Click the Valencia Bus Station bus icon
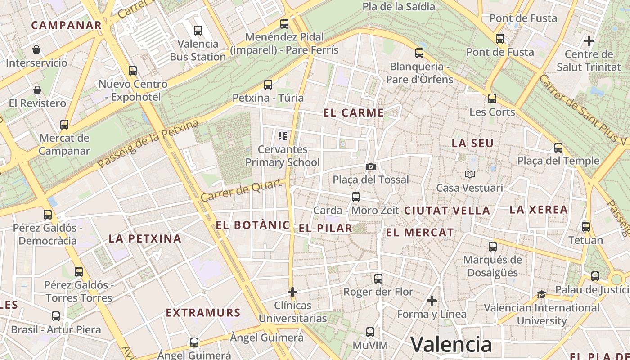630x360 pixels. tap(198, 31)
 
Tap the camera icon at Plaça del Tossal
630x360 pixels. tap(371, 167)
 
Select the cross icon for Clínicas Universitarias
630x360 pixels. tap(292, 292)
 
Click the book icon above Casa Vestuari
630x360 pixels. tap(470, 174)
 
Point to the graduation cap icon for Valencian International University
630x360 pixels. tap(541, 295)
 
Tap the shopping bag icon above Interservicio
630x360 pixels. tap(36, 49)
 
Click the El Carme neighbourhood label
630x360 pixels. tap(354, 113)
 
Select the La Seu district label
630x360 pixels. tap(472, 144)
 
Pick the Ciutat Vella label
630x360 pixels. tap(447, 211)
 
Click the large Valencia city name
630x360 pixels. tap(451, 345)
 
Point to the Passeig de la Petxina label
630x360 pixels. tap(148, 144)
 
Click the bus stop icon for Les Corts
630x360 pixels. tap(492, 99)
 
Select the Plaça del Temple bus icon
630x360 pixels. tap(558, 148)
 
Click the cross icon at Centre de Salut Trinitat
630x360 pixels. tap(589, 41)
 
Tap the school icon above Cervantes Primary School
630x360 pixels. tap(283, 135)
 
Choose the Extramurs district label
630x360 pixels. tap(203, 313)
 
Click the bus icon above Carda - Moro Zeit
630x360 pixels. tap(355, 197)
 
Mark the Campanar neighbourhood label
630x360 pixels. tap(67, 25)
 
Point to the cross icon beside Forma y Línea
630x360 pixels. tap(432, 301)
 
